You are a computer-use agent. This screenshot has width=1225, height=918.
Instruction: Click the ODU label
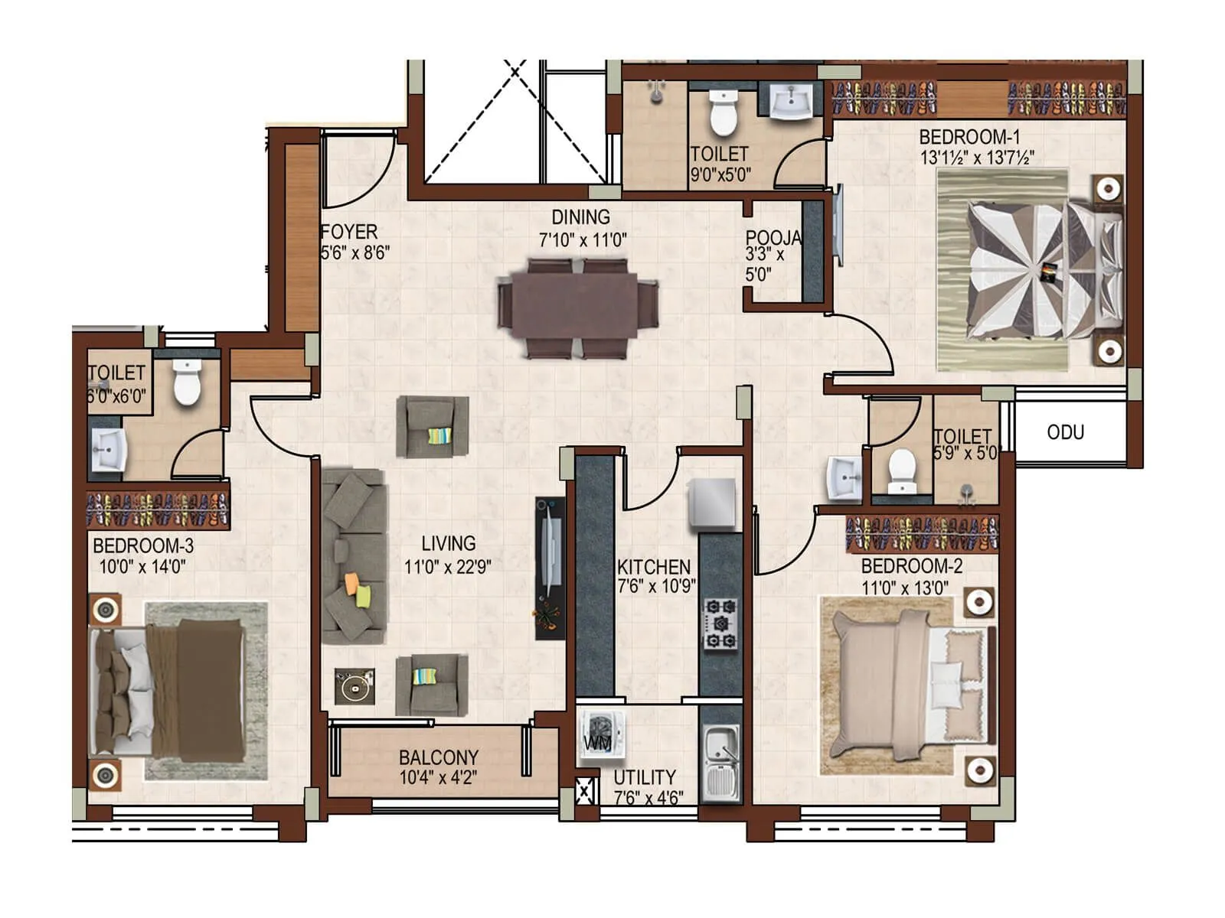tap(1065, 433)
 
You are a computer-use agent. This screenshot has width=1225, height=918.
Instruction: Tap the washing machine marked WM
tap(602, 735)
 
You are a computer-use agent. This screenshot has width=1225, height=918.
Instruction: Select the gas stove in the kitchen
tap(721, 624)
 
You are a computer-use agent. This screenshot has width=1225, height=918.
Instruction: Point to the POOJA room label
tap(773, 238)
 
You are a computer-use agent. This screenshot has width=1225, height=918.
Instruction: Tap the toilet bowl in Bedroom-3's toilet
tap(186, 382)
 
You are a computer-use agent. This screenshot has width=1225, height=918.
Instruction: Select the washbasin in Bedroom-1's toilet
tap(791, 101)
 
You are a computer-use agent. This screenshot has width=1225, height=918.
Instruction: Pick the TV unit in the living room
tap(550, 568)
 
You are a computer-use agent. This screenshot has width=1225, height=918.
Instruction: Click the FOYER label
tap(349, 232)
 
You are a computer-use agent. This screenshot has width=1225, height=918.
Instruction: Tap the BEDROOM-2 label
tap(911, 567)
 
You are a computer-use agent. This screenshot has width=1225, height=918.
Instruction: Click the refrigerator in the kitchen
tap(712, 503)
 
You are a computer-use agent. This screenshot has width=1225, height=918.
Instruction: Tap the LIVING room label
tap(448, 544)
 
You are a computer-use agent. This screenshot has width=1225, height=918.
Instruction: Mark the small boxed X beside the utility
tap(585, 789)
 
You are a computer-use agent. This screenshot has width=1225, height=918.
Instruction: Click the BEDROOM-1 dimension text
tap(977, 158)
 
